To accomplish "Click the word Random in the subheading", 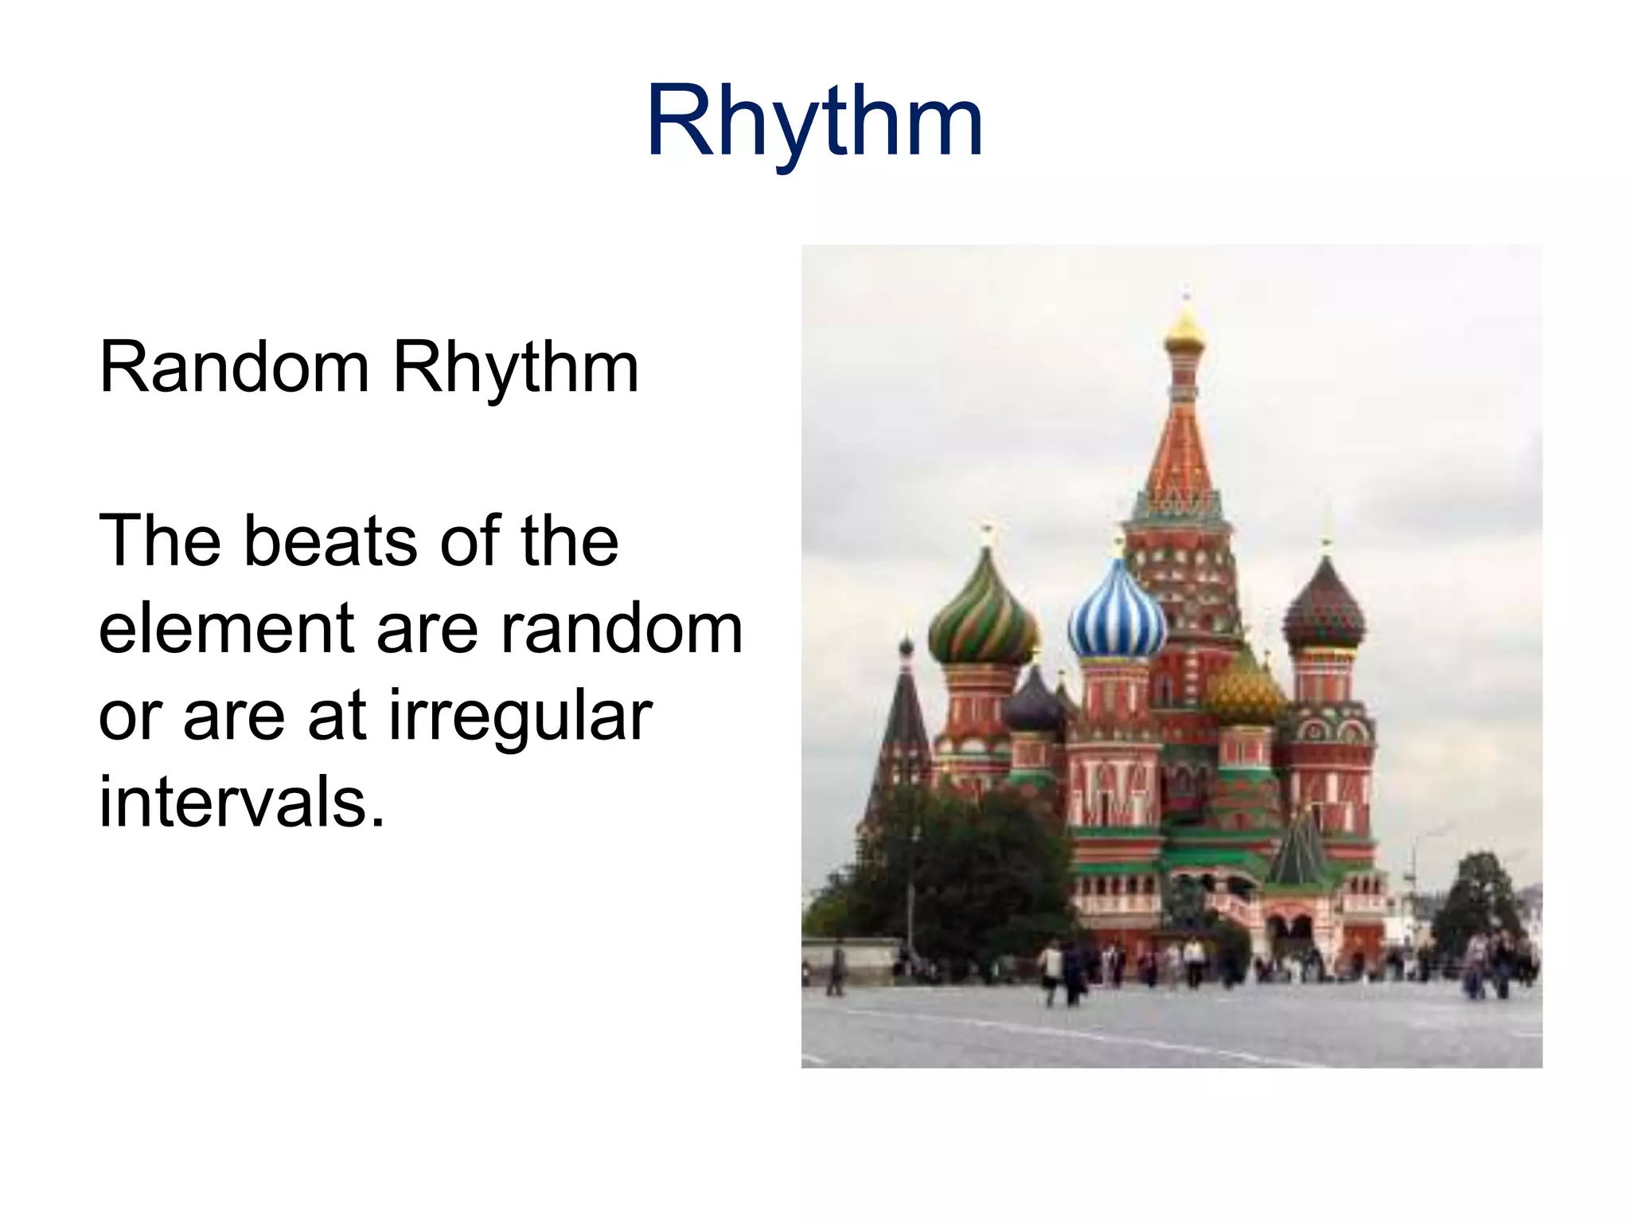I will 233,368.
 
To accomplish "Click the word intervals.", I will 241,803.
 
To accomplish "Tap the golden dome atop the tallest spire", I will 1185,331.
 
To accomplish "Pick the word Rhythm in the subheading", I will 516,368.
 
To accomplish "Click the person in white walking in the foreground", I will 1051,969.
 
